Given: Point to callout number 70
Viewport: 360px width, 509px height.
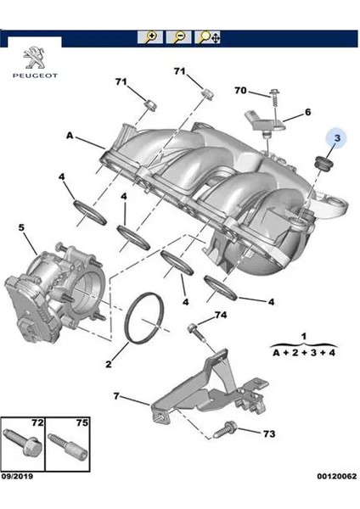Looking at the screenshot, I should [240, 91].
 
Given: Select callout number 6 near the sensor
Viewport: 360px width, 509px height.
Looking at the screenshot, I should [307, 112].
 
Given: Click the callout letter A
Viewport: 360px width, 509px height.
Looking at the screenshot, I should [70, 135].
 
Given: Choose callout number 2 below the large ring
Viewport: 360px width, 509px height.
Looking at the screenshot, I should [109, 366].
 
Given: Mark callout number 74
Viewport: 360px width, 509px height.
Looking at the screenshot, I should [220, 316].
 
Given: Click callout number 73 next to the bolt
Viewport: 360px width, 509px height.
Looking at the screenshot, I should [268, 434].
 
